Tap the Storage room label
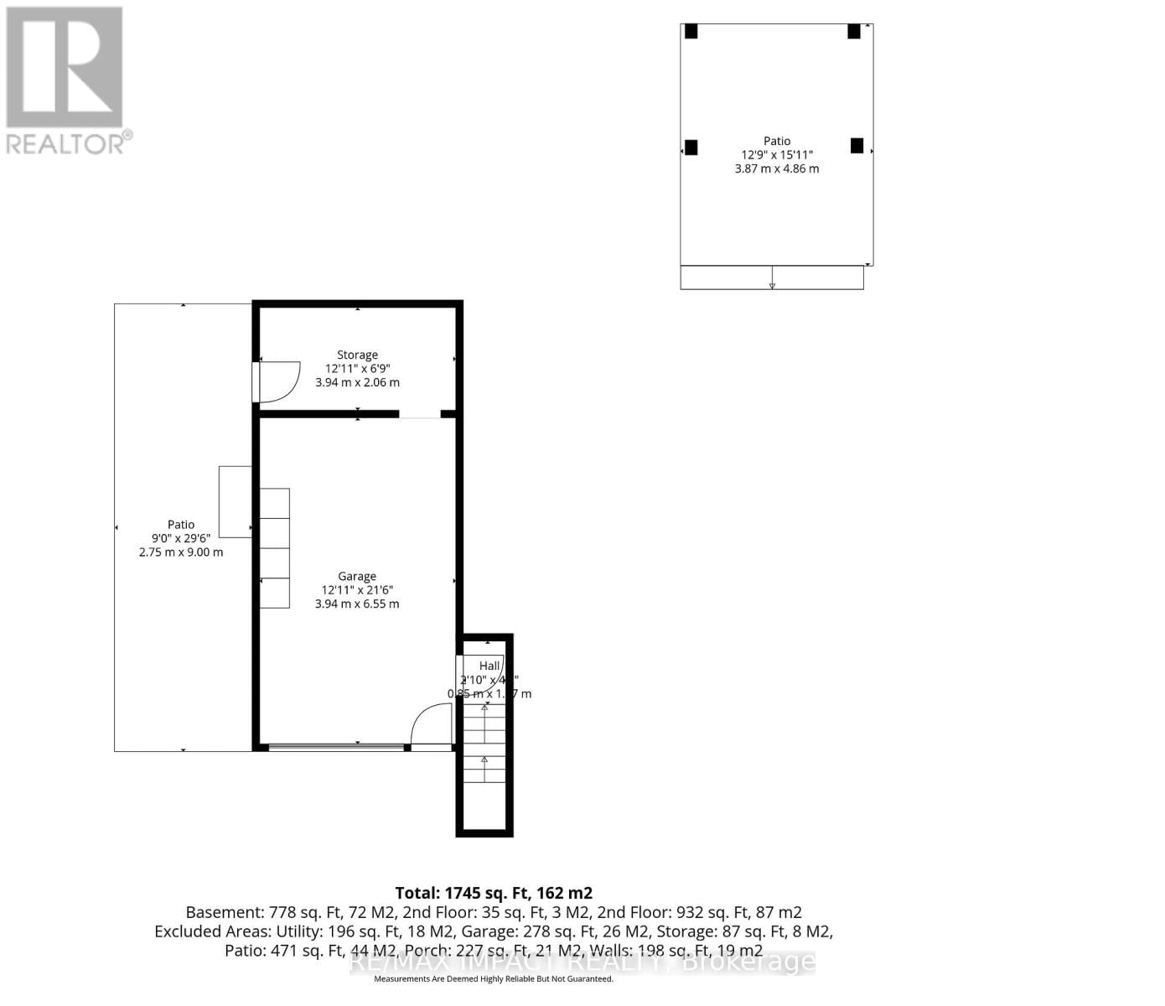(357, 355)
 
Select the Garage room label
(357, 576)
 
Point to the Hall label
(489, 666)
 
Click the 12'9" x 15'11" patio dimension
(777, 154)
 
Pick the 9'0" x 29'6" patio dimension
(181, 538)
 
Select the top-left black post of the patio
(691, 31)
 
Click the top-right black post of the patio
(853, 31)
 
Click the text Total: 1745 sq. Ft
(494, 893)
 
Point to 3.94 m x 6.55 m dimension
(357, 604)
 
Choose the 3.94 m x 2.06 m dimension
(357, 382)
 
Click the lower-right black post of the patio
(857, 146)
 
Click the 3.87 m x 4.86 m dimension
(777, 169)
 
